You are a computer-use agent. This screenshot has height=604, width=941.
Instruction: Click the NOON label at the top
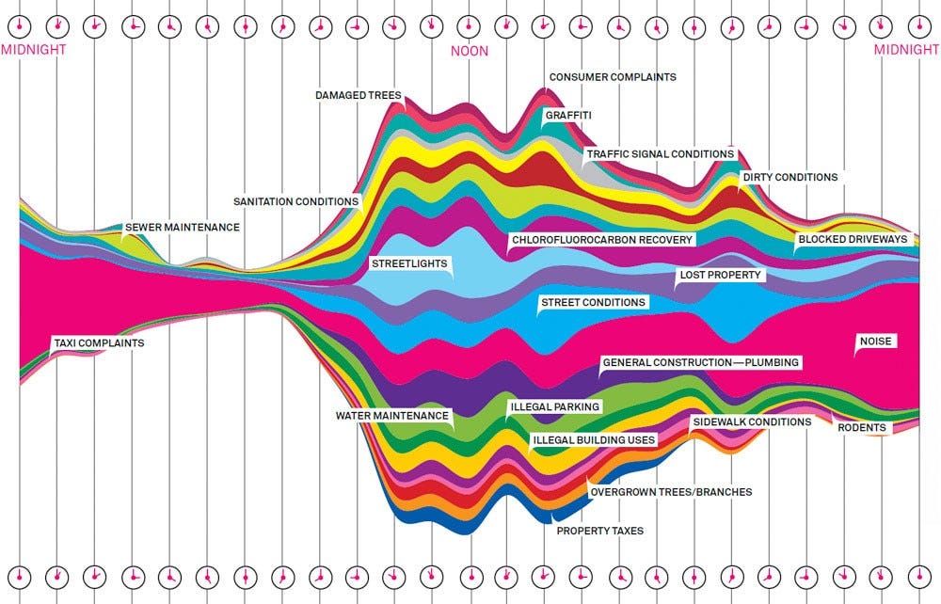(470, 51)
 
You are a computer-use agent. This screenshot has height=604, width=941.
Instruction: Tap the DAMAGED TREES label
(359, 95)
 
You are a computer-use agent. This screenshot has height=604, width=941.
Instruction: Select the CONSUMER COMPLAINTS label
(613, 77)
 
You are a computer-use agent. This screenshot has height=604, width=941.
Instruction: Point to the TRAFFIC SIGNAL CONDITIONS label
(660, 154)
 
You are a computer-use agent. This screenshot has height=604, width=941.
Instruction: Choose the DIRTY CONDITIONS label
(789, 177)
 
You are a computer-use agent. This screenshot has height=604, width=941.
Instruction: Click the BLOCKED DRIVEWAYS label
(853, 239)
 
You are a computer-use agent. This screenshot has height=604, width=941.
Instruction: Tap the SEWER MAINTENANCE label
(183, 228)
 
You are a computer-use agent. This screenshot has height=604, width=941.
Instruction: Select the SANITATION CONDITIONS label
(296, 201)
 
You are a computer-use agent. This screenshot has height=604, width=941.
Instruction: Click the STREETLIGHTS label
(408, 264)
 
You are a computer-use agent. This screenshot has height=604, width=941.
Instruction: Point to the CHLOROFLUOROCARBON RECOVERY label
(602, 240)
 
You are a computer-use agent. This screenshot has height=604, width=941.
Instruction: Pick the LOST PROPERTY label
(720, 276)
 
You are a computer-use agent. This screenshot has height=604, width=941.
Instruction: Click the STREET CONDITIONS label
(593, 302)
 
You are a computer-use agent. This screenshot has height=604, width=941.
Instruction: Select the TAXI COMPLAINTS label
(99, 343)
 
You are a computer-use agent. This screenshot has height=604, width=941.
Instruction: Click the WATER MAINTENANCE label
(393, 415)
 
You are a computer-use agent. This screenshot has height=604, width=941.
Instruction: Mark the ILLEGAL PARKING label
(554, 407)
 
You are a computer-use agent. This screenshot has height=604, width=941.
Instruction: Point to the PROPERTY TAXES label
(600, 531)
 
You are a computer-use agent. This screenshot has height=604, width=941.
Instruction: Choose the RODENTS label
(862, 428)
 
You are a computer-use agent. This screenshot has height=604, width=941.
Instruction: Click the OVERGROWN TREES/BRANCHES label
(670, 491)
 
